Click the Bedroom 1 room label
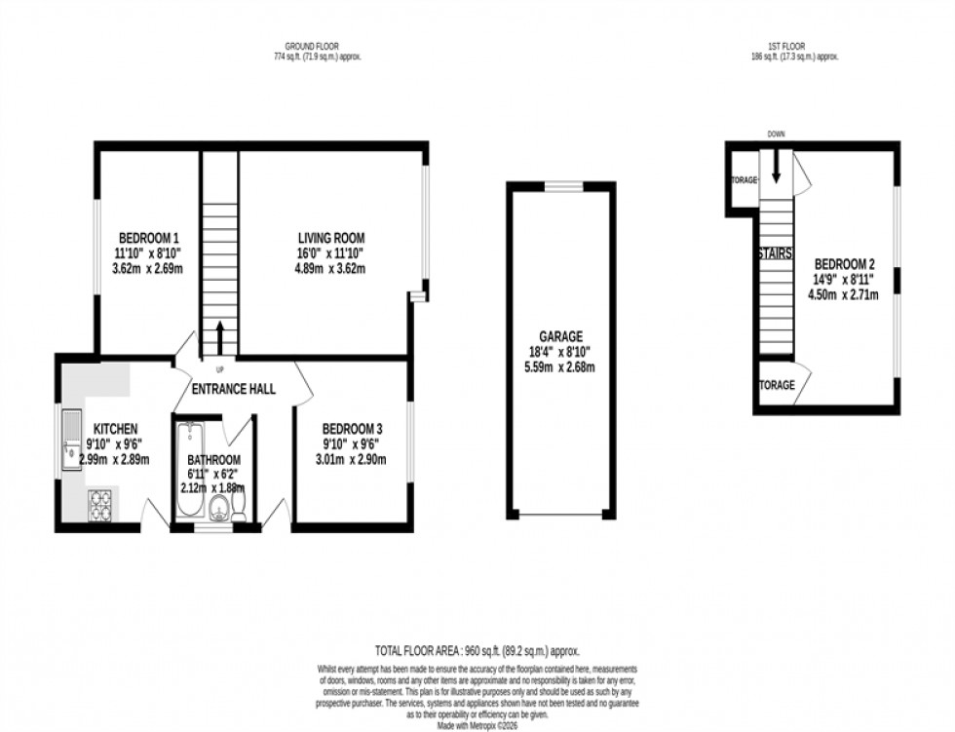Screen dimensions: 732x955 [x=149, y=238]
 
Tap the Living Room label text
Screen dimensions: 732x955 [x=330, y=238]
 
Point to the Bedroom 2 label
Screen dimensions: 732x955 [x=845, y=264]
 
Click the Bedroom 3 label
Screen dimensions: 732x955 [x=351, y=428]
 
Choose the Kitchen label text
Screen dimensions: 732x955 [x=115, y=428]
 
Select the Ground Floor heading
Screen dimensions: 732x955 [x=312, y=47]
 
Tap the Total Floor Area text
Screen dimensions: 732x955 [x=477, y=649]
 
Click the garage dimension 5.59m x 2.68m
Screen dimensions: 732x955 [x=559, y=366]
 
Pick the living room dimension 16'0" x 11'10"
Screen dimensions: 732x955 [x=330, y=253]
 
